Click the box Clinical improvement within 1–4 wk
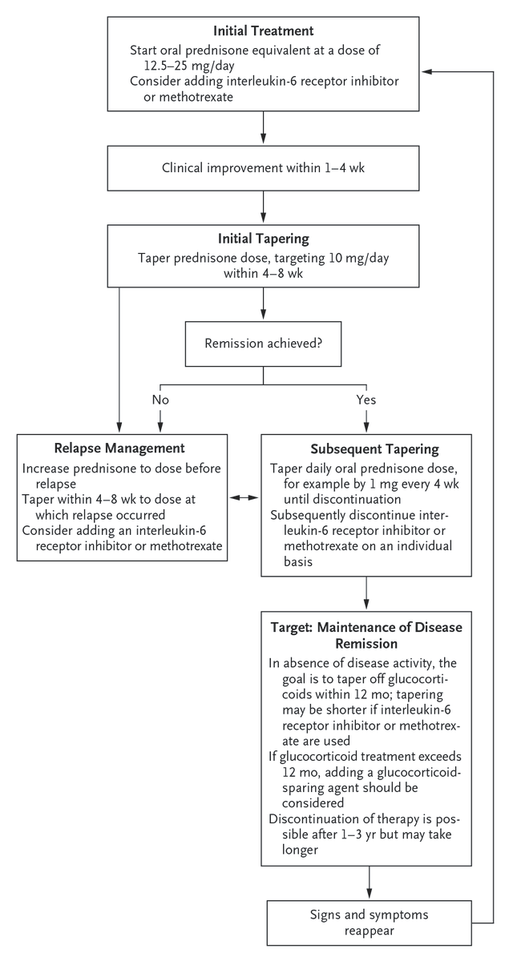263,169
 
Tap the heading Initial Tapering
263,239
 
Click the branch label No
160,398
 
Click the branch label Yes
366,398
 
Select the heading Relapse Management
119,448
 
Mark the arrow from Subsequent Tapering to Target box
366,593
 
